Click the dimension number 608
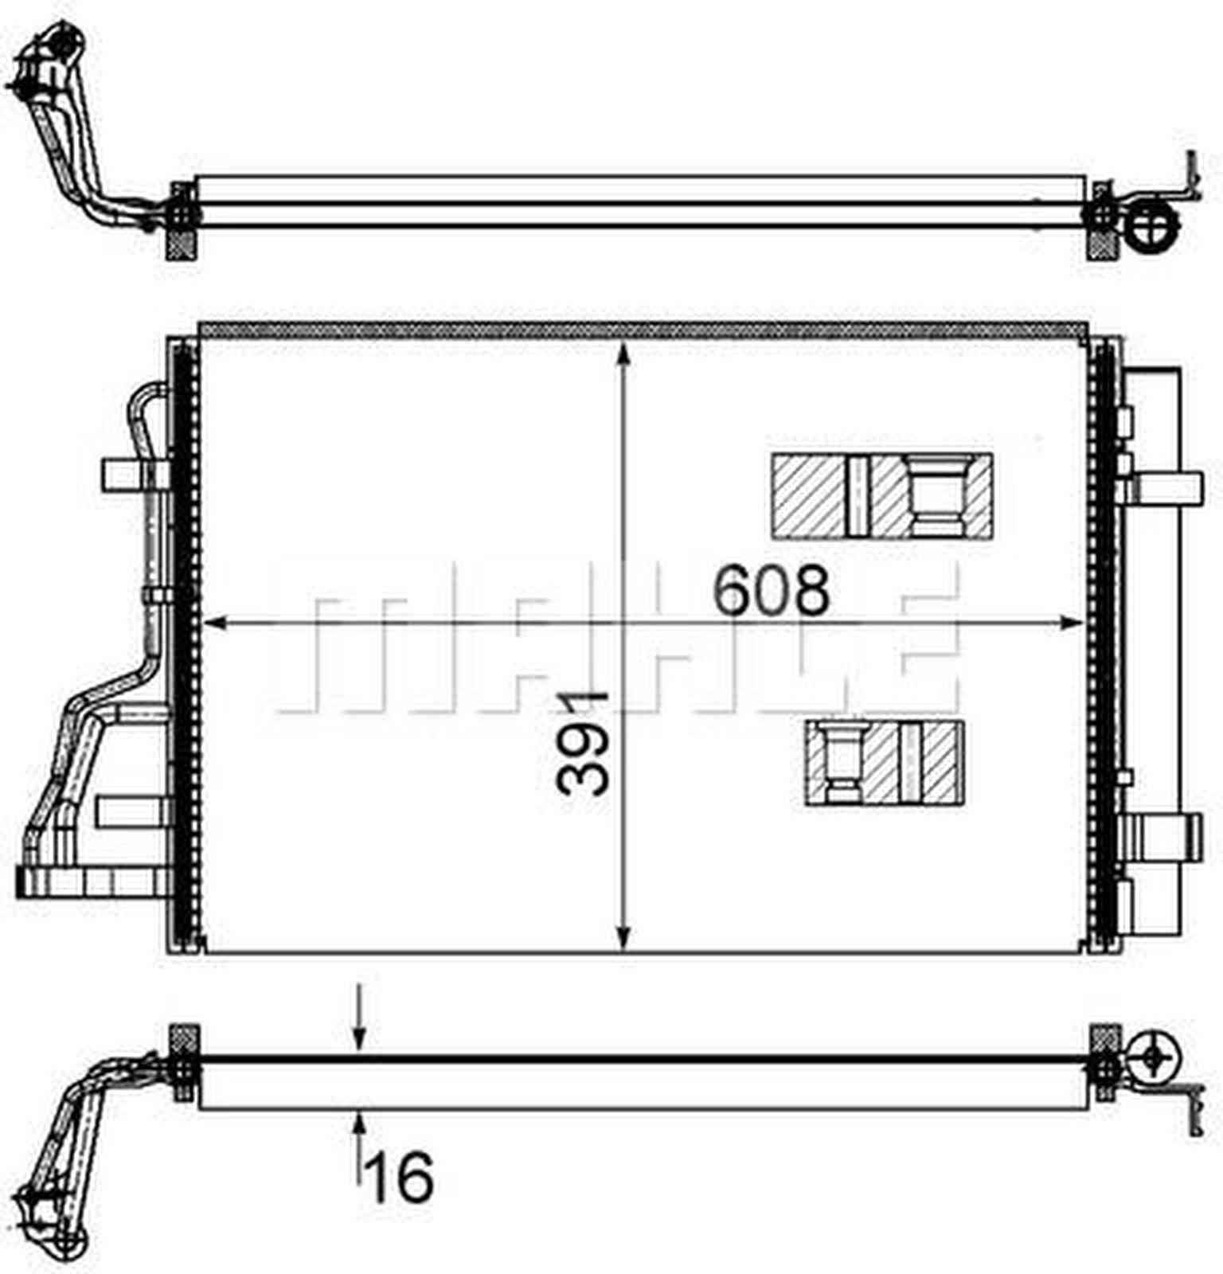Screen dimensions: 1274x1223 771,591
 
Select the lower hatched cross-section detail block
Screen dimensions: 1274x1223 885,763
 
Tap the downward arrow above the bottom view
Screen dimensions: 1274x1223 359,1035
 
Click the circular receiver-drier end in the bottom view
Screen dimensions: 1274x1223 1153,1056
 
